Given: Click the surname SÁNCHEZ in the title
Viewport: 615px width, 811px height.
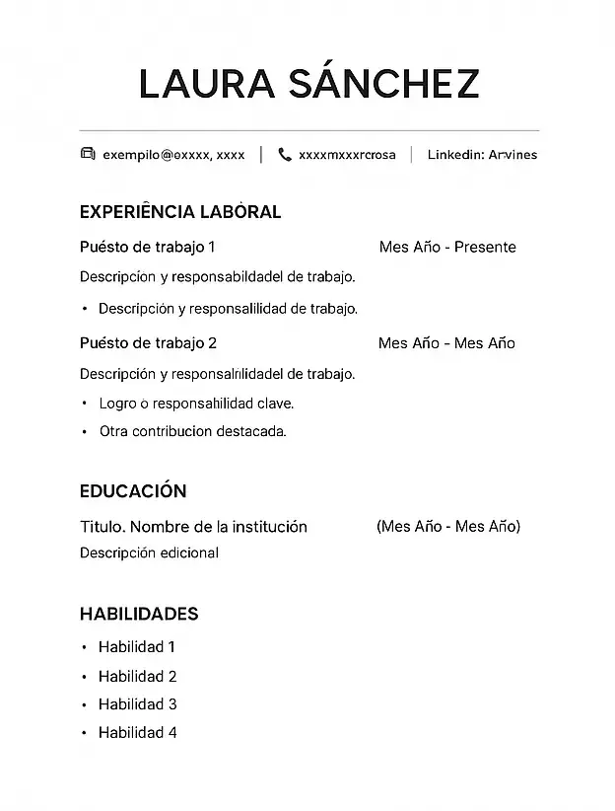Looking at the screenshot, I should point(383,85).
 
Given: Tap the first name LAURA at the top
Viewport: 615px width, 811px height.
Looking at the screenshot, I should point(206,85).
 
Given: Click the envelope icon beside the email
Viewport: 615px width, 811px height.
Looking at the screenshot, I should point(87,154).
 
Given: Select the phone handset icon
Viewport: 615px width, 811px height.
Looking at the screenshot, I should point(285,154).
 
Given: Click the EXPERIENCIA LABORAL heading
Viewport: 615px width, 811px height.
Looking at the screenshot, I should point(179,212).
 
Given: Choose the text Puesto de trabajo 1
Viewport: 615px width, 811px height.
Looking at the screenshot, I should point(147,247).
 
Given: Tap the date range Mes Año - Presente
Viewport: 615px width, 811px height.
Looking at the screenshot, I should point(446,247).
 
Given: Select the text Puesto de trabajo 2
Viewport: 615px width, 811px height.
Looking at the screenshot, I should point(148,343).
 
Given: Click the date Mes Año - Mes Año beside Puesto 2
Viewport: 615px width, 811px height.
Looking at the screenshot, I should point(446,343).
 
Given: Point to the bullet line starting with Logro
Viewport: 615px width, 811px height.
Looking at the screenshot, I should point(196,404).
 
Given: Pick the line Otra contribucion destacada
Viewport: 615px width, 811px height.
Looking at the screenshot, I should point(192,431).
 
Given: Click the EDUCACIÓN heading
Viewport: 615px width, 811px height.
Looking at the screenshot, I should point(133,491).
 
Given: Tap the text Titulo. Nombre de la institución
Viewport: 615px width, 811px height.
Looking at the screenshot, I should point(193,527).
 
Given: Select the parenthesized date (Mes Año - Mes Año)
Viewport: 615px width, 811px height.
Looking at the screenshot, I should point(448,526).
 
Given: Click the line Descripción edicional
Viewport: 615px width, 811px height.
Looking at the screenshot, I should point(149,553).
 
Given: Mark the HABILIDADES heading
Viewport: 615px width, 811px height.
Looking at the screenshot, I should point(139,614).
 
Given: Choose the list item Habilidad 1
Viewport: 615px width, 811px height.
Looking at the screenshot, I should point(137,647).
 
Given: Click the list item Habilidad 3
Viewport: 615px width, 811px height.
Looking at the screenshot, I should point(137,704).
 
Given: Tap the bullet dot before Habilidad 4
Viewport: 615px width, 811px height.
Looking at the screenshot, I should point(85,733).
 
